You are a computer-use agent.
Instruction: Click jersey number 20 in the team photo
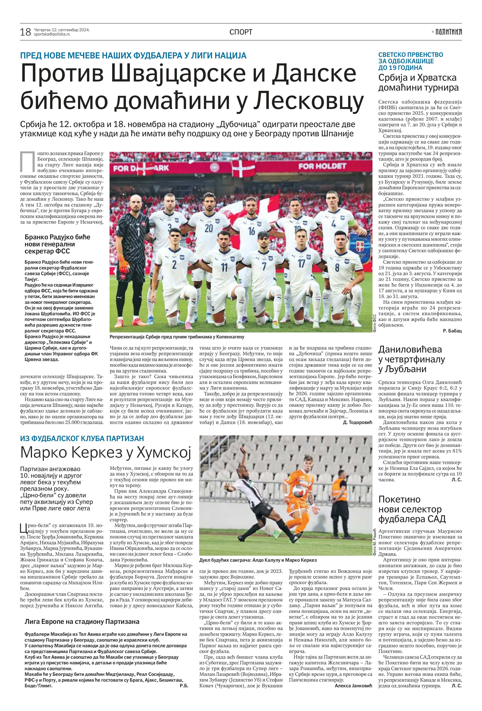pyautogui.click(x=209, y=228)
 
